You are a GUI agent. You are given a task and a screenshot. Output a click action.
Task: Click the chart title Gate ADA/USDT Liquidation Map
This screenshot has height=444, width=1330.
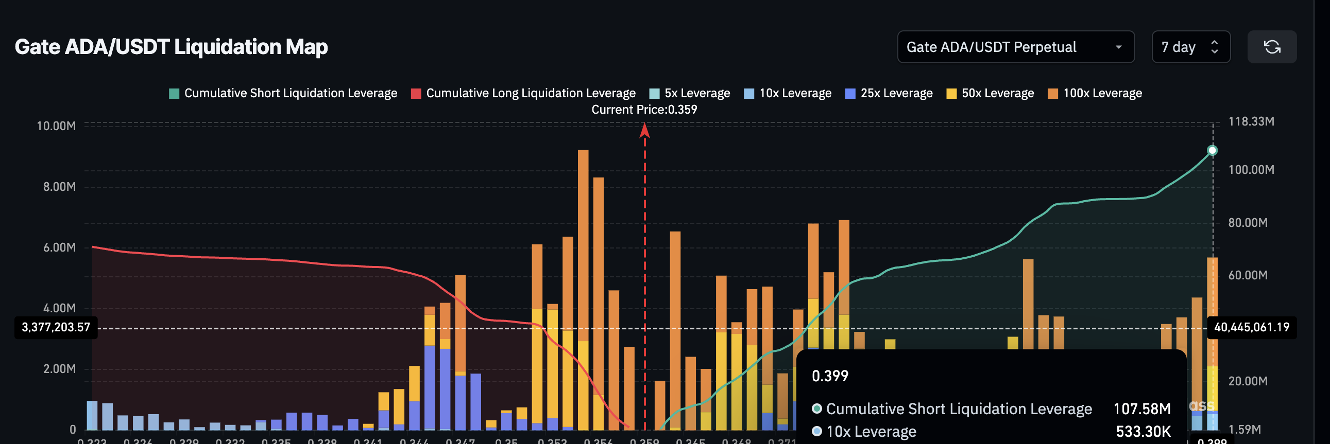point(171,47)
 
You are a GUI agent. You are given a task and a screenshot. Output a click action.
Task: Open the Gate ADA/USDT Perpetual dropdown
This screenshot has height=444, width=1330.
point(1015,47)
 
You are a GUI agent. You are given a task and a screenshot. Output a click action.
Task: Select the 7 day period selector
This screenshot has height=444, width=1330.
point(1190,47)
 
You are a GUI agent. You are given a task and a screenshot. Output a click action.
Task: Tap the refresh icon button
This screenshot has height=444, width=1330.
point(1271,47)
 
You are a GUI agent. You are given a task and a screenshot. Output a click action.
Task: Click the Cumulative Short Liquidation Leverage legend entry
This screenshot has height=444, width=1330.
point(283,93)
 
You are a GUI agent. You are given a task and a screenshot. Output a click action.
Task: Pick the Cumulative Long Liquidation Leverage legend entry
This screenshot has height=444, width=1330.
point(523,93)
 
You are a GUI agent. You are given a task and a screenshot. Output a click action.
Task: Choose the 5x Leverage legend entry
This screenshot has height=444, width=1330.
point(690,93)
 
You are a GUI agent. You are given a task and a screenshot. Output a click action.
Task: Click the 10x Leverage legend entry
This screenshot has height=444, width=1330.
point(788,93)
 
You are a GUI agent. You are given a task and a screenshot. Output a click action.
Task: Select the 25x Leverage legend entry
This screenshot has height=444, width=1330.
point(889,93)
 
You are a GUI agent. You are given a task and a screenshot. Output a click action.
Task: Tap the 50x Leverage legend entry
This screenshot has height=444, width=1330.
point(990,93)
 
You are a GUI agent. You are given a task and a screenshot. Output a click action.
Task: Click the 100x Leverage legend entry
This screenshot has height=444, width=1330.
point(1095,93)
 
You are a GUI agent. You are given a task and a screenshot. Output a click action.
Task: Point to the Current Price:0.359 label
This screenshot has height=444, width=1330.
point(644,110)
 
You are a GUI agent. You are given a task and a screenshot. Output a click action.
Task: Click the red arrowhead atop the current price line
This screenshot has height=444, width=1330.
point(644,131)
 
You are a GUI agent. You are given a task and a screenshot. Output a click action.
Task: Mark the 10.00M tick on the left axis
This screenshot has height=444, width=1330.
point(56,127)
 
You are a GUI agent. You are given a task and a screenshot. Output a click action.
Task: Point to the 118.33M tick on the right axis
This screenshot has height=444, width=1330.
point(1251,122)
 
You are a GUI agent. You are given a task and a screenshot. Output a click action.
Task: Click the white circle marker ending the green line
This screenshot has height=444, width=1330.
point(1212,151)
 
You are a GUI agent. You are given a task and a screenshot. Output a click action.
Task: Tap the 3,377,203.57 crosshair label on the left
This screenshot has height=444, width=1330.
point(56,327)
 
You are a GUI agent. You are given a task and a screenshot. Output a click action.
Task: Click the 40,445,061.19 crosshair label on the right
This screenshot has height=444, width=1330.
point(1251,327)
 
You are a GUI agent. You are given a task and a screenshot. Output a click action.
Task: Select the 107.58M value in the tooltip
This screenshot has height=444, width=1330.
point(1141,409)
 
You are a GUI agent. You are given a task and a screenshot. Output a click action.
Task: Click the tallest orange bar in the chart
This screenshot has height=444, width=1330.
point(583,242)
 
